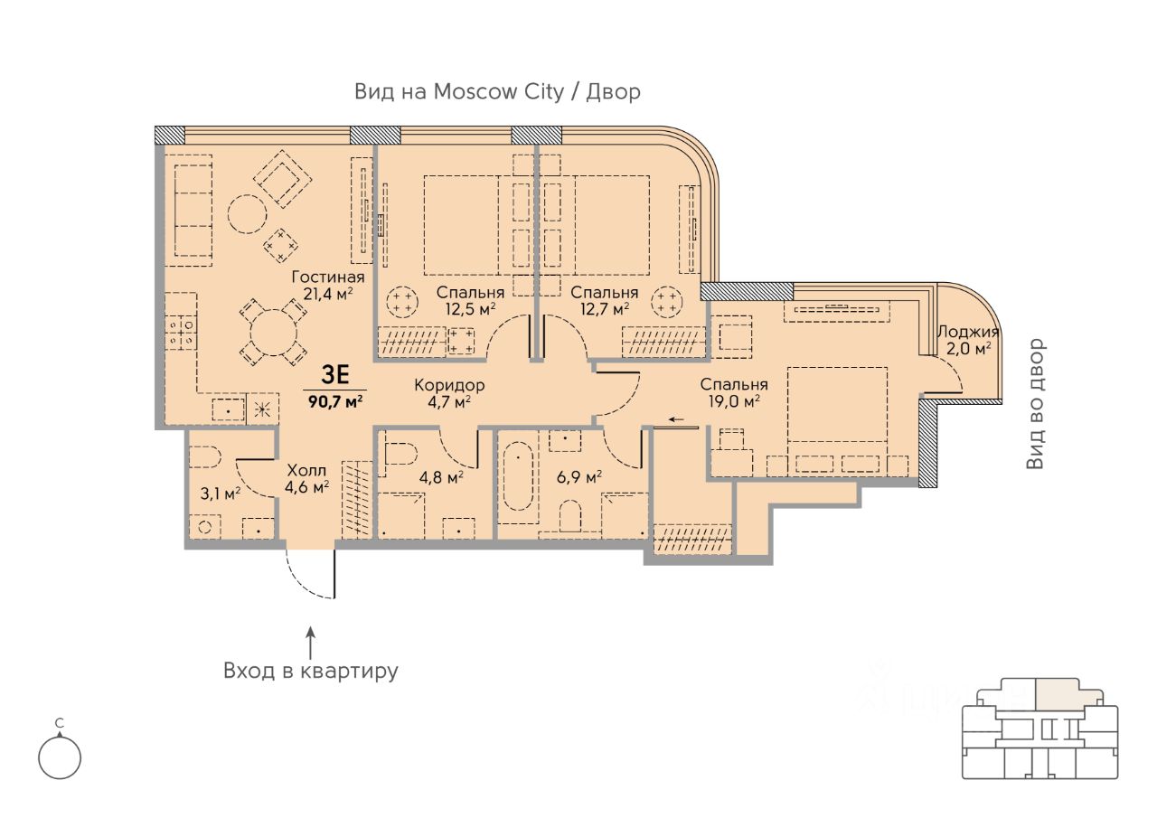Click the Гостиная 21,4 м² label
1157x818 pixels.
tap(328, 285)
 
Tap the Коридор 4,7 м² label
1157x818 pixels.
tap(449, 393)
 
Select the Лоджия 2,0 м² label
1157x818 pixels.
tap(968, 341)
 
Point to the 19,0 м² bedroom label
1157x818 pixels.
tap(734, 392)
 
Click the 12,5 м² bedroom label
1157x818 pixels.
tap(470, 301)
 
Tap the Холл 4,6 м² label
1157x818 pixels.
tap(306, 478)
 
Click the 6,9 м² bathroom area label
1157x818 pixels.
tap(579, 476)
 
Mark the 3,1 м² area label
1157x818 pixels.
tap(220, 494)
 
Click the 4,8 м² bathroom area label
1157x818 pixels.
tap(441, 476)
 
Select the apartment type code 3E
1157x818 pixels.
tap(335, 374)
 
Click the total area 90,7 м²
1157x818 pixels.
tap(335, 401)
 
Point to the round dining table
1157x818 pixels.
tap(273, 332)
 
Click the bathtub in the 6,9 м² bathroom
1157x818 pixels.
tap(518, 475)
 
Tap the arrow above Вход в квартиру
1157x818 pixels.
tap(310, 643)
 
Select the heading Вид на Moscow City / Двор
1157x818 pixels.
tap(497, 91)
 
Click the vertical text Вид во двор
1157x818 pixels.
tap(1035, 404)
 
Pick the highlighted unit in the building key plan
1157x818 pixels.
tap(1068, 694)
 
